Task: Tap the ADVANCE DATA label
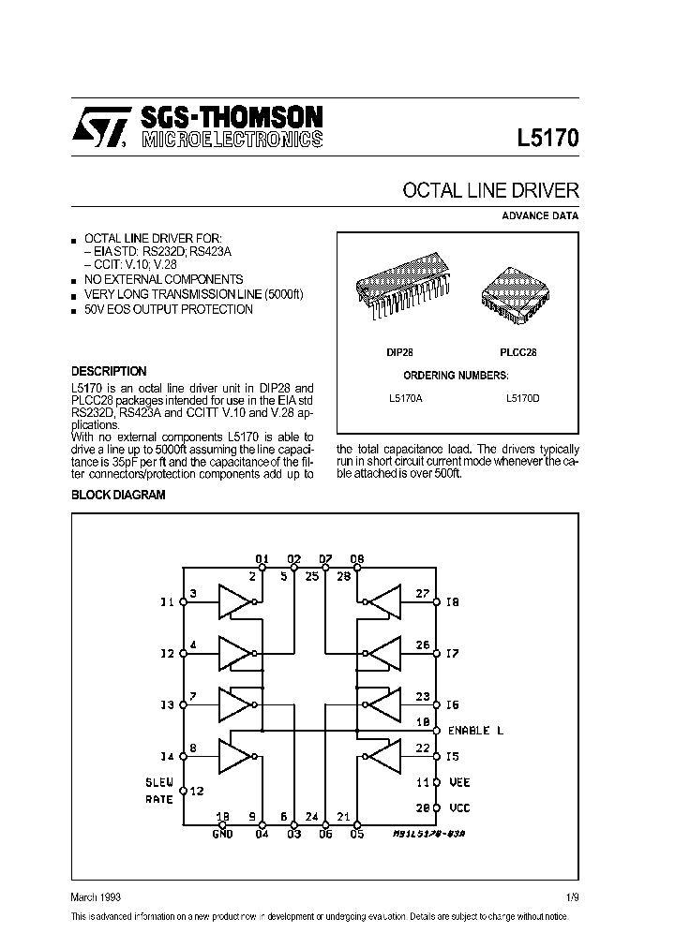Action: (x=540, y=215)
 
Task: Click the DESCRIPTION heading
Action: (x=109, y=371)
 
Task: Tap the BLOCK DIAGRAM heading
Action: (x=118, y=495)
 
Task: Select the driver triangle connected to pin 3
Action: (x=237, y=602)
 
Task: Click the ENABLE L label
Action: (x=475, y=731)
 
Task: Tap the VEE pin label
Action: (x=458, y=781)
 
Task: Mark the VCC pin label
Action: (x=458, y=807)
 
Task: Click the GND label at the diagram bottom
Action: (x=221, y=834)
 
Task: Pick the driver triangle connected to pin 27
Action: (x=382, y=602)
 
